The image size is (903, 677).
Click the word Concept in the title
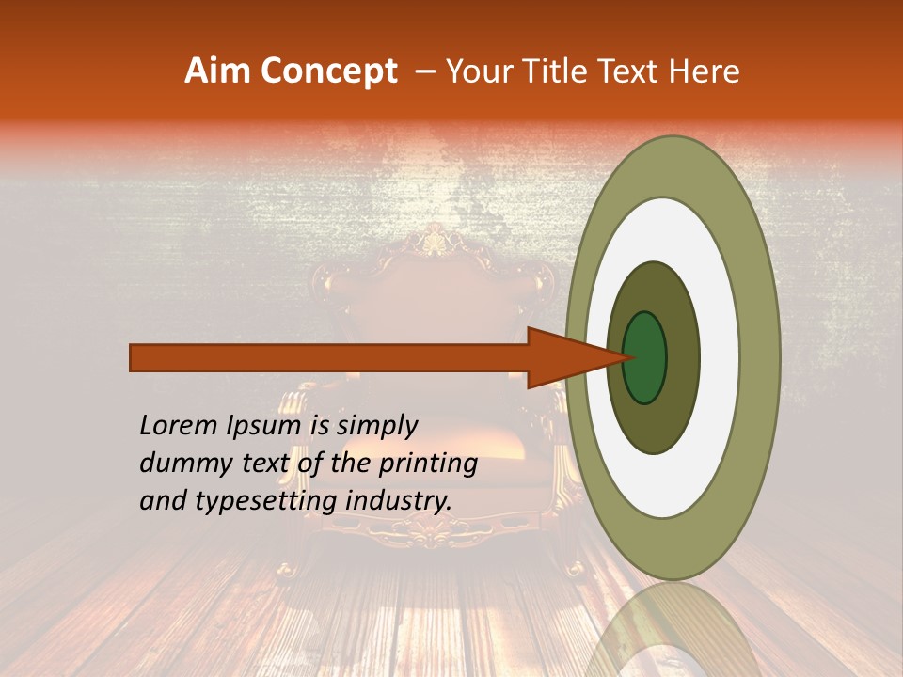(328, 71)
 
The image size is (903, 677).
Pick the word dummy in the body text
(178, 464)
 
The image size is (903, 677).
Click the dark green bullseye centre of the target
(644, 358)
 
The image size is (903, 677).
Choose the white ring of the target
(720, 358)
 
